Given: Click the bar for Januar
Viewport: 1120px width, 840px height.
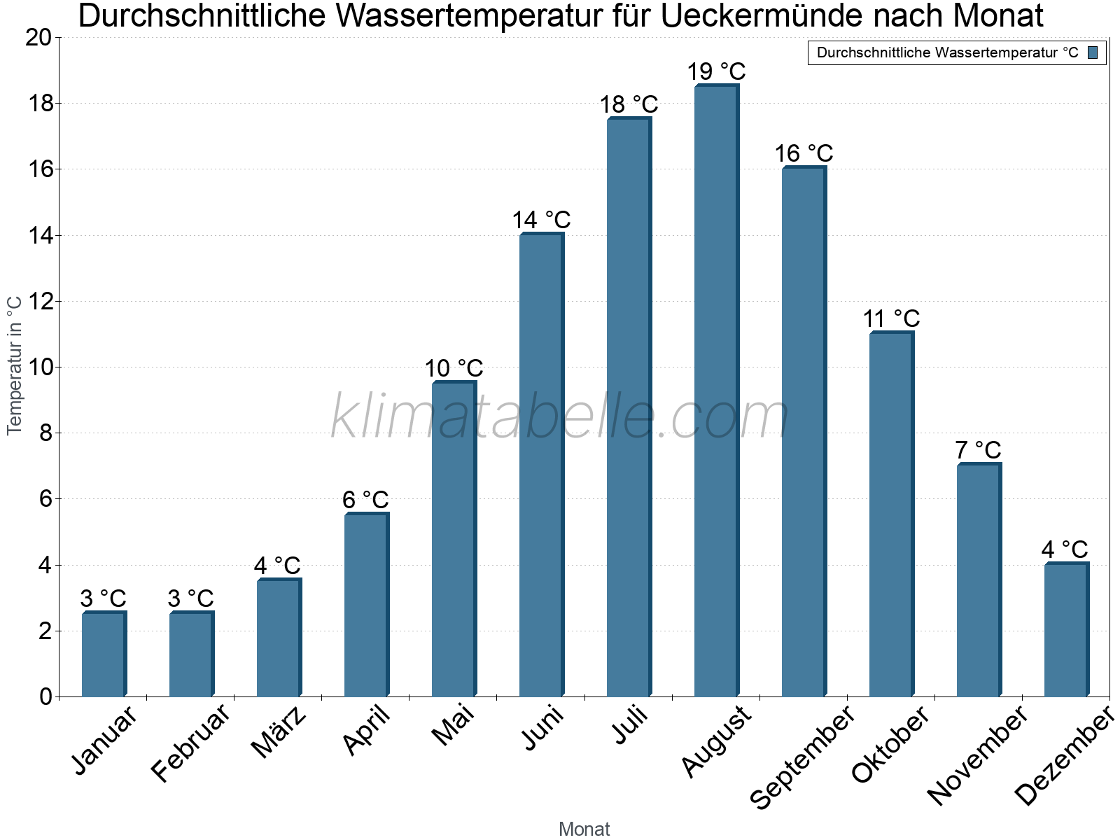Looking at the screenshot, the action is coord(104,654).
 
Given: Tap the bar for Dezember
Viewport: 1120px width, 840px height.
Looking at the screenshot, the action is coord(1065,630).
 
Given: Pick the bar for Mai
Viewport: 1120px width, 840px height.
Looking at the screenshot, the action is coord(453,539).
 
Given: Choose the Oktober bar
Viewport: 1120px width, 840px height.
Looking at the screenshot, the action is coord(890,514).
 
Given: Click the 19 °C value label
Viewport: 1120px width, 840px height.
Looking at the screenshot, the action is coord(716,71).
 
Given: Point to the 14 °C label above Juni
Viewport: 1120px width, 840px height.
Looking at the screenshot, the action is coord(541,220).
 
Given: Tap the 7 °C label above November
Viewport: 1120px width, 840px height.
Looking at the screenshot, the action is coord(978,449).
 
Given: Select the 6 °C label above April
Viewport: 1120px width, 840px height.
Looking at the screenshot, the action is coord(365,500).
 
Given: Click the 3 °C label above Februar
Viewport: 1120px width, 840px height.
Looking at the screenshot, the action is coord(190,598).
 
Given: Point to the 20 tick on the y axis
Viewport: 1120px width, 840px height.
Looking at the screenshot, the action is coord(38,38).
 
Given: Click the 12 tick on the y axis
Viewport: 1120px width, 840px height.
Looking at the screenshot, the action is coord(38,302).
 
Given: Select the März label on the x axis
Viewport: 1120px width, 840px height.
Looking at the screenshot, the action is coord(279,732).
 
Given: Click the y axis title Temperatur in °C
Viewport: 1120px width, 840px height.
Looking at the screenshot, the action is coord(15,365).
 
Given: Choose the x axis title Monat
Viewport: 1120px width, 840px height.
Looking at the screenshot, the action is coord(584,829).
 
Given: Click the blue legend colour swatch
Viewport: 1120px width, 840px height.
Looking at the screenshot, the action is coord(1093,52).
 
